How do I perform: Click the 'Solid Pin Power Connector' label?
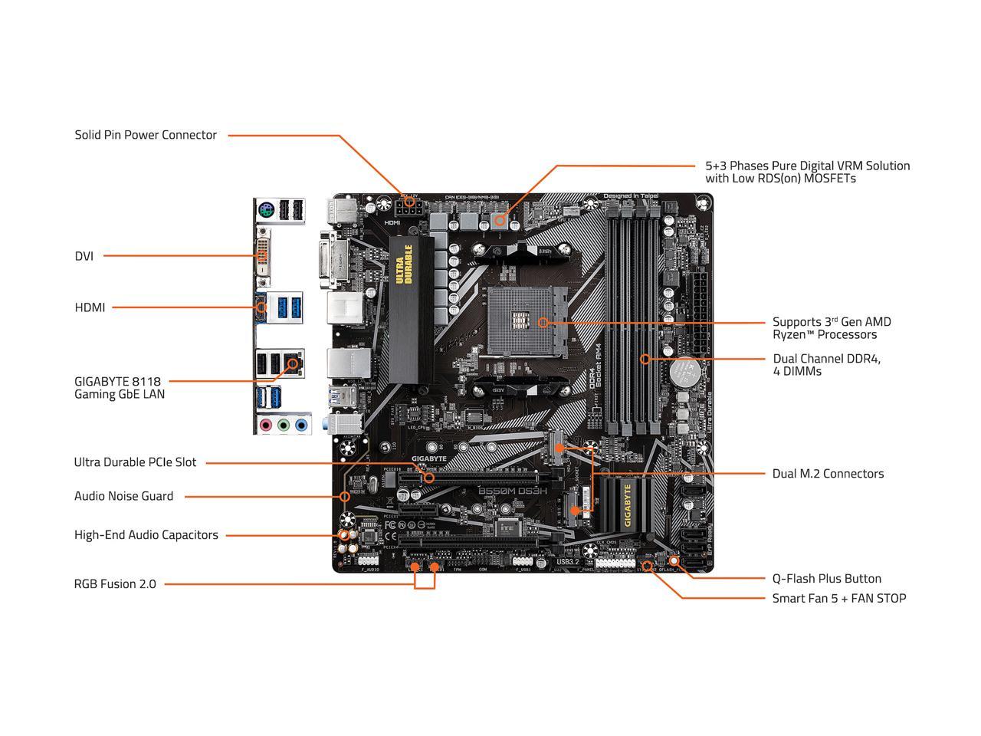tap(146, 135)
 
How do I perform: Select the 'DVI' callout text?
tap(84, 256)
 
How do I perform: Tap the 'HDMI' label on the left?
tap(90, 307)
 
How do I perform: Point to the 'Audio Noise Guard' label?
tap(123, 496)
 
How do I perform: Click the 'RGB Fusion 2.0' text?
tap(115, 584)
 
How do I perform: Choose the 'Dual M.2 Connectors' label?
tap(828, 474)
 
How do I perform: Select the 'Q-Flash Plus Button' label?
tap(826, 579)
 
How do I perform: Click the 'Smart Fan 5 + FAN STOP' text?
tap(838, 598)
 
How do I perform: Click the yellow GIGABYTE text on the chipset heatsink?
tap(628, 506)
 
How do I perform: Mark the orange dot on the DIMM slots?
tap(645, 358)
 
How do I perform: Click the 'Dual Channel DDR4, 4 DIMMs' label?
tap(826, 365)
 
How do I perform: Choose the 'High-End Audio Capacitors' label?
tap(146, 535)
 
